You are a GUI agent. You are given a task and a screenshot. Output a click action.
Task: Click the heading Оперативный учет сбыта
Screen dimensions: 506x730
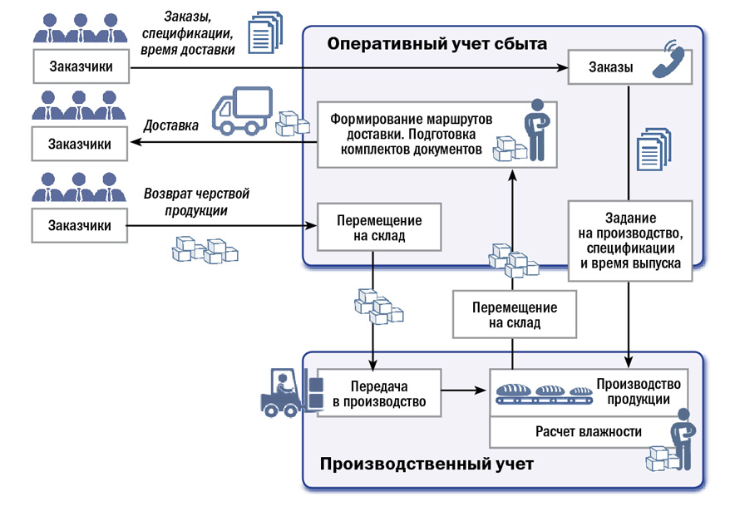[437, 43]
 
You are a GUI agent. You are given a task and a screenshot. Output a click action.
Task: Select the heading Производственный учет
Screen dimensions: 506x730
[427, 462]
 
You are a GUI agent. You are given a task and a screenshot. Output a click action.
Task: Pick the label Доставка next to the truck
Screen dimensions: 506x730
[171, 126]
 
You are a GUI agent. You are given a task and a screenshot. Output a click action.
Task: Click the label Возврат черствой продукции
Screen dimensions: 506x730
[196, 202]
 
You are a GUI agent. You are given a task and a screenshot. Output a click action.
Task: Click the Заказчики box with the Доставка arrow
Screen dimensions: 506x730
[80, 144]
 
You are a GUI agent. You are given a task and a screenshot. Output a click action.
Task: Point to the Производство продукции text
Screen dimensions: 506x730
[639, 391]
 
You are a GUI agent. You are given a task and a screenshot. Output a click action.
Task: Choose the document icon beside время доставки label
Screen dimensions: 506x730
[264, 34]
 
